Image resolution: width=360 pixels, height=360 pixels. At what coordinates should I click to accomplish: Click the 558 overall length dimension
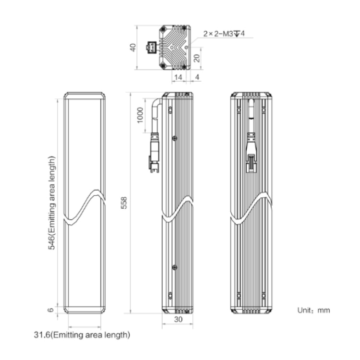point(124,203)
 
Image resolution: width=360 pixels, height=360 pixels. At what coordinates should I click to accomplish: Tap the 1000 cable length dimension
point(140,115)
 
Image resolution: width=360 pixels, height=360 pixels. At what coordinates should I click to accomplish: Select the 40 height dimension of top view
point(133,48)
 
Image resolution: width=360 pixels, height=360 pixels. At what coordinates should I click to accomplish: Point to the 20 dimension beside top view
point(197,58)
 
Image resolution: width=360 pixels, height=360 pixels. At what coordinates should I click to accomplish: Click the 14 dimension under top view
point(178,77)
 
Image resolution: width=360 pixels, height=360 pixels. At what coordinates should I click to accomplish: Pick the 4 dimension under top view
point(197,77)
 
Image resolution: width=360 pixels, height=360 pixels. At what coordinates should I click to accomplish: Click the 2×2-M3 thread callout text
point(224,34)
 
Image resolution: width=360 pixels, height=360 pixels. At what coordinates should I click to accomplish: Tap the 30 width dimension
point(178,319)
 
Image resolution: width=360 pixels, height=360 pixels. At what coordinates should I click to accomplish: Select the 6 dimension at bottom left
point(50,310)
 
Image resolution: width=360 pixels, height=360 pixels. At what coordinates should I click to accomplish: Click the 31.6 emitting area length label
point(82,335)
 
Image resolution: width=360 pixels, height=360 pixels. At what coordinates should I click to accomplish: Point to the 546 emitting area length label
point(51,203)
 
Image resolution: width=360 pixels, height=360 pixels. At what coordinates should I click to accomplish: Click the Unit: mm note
point(313,310)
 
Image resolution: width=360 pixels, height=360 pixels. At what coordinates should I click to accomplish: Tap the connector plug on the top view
point(151,48)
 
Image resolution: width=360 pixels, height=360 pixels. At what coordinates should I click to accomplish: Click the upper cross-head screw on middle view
point(175,138)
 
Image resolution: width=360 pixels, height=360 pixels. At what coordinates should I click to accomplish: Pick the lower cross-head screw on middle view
point(175,267)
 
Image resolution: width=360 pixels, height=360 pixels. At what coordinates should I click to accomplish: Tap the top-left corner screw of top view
point(163,29)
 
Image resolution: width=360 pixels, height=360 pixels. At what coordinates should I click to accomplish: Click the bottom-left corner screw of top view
point(163,65)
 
